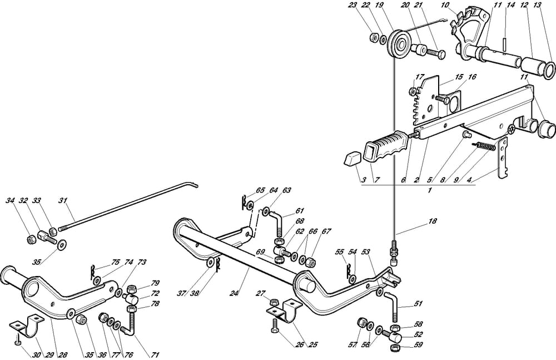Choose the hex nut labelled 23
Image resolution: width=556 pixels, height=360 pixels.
[373, 38]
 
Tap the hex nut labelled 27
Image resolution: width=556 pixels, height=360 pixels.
[274, 302]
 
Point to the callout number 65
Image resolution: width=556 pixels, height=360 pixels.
[245, 190]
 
